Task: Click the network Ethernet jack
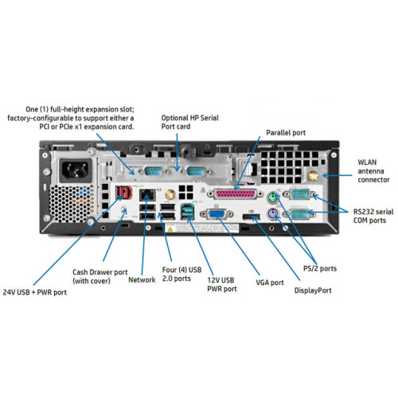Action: [146, 196]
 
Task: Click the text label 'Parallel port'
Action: [287, 133]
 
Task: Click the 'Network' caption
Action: [142, 279]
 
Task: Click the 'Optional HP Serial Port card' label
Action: [190, 121]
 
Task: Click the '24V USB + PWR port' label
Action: [35, 291]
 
